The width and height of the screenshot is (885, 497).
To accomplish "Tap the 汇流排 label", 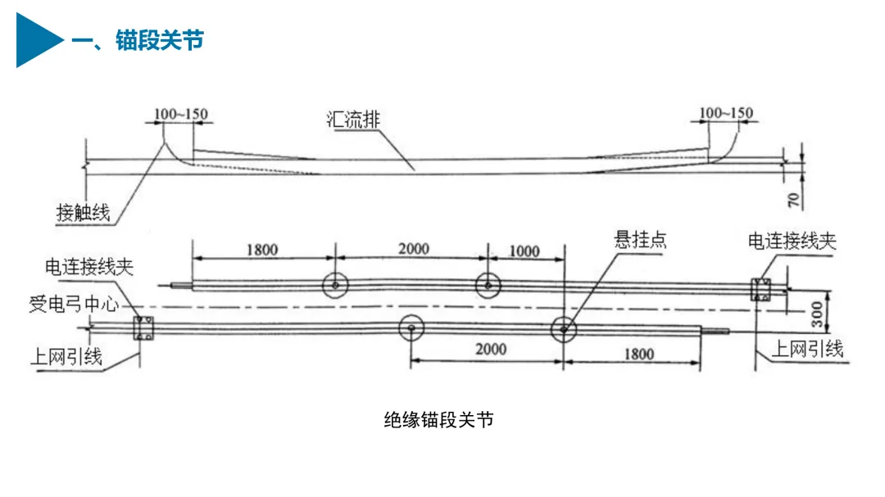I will (351, 120).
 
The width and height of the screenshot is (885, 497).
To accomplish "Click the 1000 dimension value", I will (524, 251).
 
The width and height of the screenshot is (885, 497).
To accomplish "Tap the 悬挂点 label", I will (640, 240).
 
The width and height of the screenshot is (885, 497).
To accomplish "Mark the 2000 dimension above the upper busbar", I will (413, 249).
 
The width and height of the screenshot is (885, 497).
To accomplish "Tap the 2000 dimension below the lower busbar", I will (490, 350).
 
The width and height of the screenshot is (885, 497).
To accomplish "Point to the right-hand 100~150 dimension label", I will (726, 113).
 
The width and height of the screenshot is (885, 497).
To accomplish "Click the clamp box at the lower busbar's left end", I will (143, 328).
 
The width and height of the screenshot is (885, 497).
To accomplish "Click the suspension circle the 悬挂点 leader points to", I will (563, 330).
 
